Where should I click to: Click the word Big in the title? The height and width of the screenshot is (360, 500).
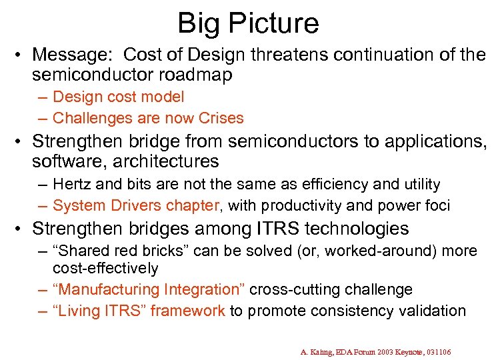(199, 23)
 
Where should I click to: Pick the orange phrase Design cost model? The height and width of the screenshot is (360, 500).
(118, 97)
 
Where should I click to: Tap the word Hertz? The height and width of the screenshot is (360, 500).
(73, 183)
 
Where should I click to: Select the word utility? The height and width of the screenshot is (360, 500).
(419, 183)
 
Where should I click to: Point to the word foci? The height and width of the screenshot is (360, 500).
(436, 205)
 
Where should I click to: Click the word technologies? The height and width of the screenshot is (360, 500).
(357, 229)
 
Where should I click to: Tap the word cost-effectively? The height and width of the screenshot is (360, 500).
(105, 268)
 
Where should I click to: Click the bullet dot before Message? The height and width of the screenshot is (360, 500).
(23, 54)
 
